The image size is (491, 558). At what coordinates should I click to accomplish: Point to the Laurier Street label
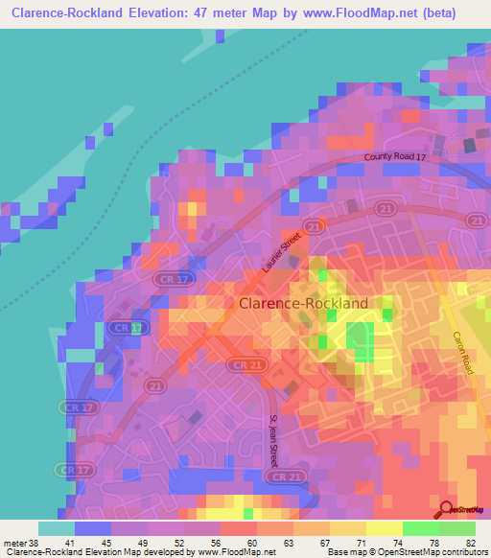(x=279, y=258)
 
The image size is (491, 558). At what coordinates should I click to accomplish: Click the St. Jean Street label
(x=273, y=439)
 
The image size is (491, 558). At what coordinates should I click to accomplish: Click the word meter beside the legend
(x=15, y=542)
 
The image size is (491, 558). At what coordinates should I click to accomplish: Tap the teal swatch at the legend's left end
(x=56, y=528)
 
